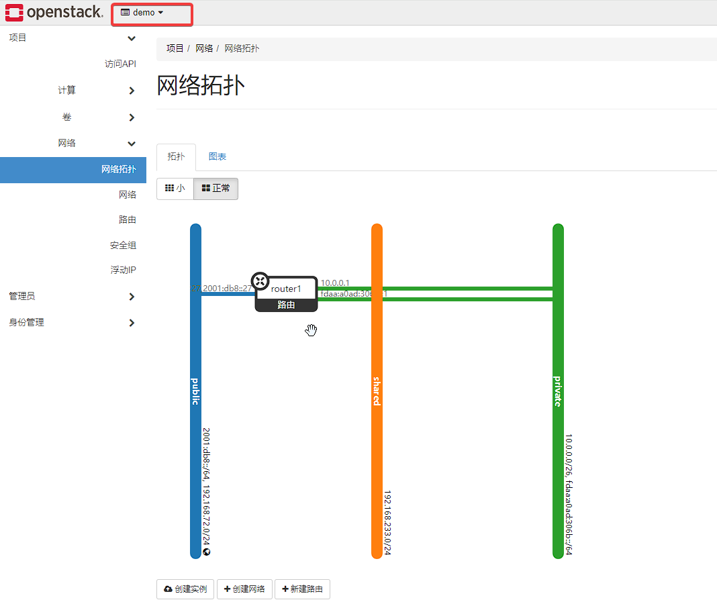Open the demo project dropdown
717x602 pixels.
click(142, 13)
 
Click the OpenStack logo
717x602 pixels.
click(54, 12)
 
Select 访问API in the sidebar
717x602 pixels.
click(120, 64)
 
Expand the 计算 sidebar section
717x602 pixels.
click(67, 91)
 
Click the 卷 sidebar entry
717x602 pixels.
click(67, 117)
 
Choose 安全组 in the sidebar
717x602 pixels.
click(123, 245)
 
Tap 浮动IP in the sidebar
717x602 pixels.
click(123, 270)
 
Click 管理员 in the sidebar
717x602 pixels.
click(21, 296)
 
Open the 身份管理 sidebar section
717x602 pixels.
click(26, 322)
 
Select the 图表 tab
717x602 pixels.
click(217, 156)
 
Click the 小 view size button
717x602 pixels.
click(175, 189)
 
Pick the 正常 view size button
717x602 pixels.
click(216, 189)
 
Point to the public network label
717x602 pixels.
click(195, 391)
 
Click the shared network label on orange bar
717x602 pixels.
click(377, 391)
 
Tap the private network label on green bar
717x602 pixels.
click(558, 391)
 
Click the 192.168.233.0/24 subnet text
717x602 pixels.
click(387, 522)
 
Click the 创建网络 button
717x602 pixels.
click(244, 589)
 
